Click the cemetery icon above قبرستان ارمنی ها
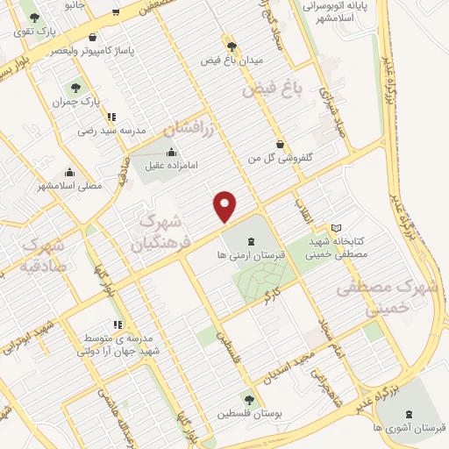(x=251, y=240)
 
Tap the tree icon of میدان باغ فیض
(x=232, y=46)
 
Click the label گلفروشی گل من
(x=280, y=157)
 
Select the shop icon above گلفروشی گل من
(x=280, y=144)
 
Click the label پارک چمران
(x=75, y=101)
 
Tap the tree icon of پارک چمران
(x=75, y=88)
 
